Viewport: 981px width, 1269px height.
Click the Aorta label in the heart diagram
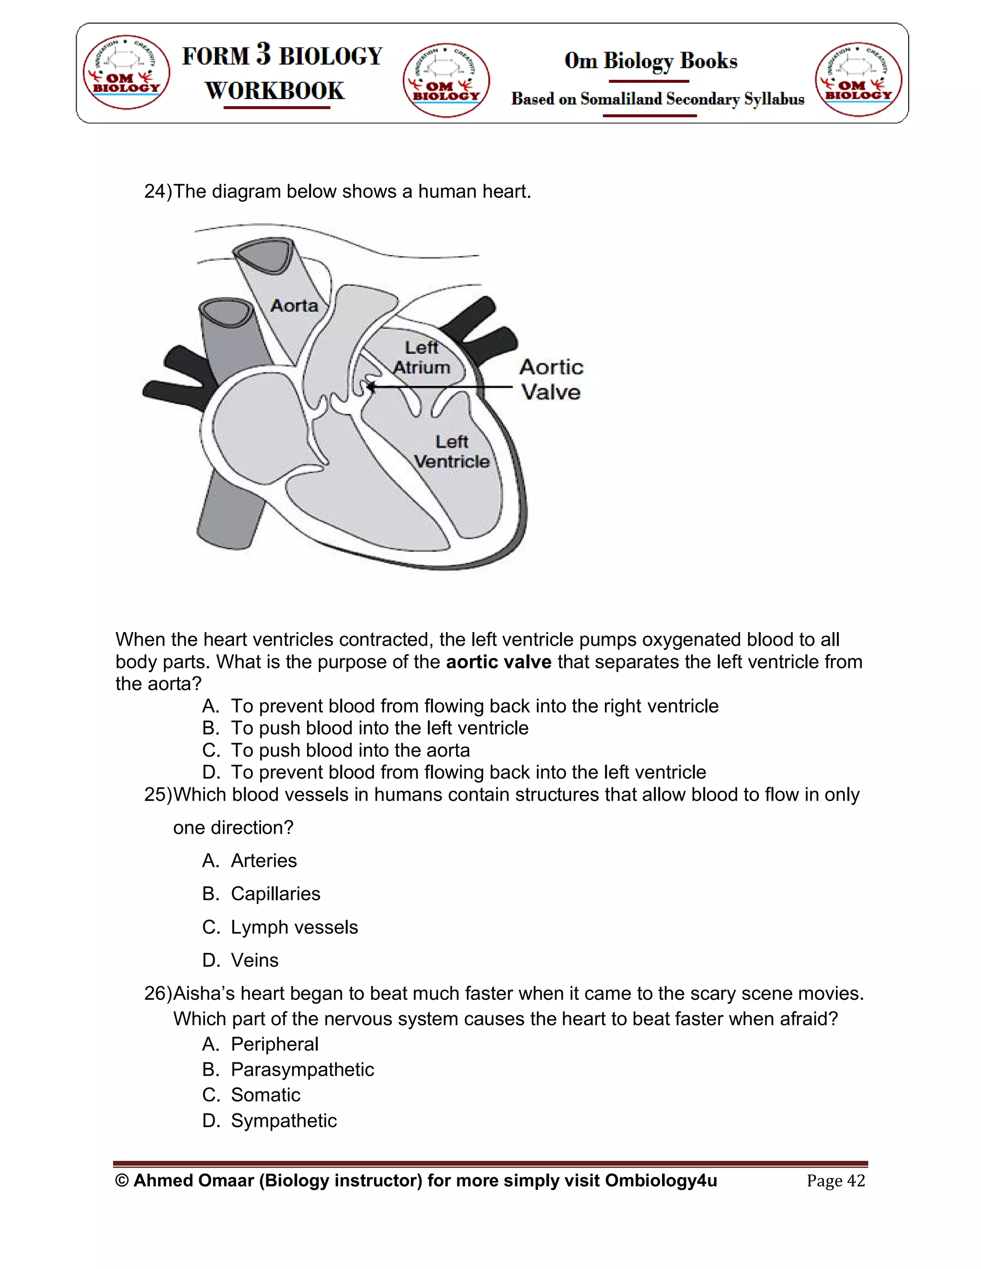pos(294,306)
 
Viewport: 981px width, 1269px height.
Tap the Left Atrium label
pos(422,357)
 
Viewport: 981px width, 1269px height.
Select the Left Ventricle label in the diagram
pos(452,452)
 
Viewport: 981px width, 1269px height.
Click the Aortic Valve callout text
pos(550,379)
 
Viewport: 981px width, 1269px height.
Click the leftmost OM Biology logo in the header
pos(126,72)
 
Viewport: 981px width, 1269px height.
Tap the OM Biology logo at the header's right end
pos(858,79)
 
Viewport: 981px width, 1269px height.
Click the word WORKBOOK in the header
pos(275,91)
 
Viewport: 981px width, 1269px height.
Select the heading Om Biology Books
pos(650,60)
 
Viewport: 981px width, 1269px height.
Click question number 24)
pos(158,191)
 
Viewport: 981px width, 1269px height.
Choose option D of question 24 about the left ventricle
pos(468,772)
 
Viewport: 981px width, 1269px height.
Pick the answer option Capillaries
pos(275,894)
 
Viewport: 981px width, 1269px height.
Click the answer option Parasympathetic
pos(302,1069)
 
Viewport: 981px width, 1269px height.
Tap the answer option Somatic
pos(265,1095)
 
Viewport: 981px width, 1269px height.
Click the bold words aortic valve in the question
pos(498,662)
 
